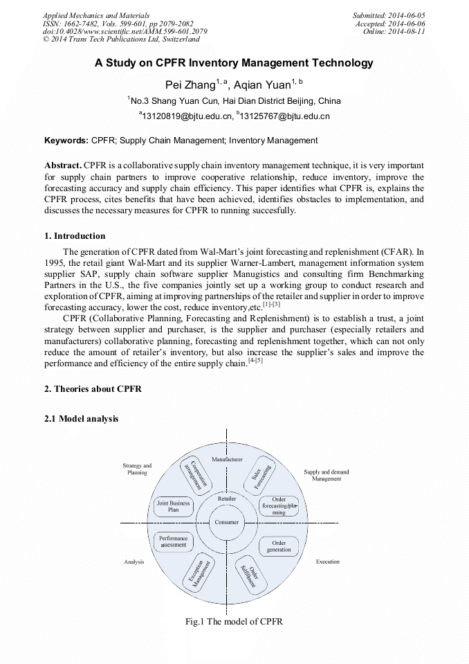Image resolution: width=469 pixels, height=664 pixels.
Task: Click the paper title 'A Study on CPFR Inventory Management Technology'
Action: (x=234, y=63)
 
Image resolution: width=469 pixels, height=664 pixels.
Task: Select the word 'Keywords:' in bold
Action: (x=66, y=141)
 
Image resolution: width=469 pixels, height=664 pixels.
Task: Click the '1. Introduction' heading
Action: (x=75, y=236)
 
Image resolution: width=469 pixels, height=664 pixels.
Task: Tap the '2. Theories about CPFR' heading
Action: (x=93, y=389)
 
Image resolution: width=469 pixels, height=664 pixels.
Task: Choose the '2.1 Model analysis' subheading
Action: (x=81, y=419)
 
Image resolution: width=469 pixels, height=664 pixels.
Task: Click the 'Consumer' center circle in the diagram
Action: (x=227, y=522)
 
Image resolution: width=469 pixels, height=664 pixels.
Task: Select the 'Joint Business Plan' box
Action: (x=173, y=507)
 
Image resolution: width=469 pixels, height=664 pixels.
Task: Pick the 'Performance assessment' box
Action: (x=173, y=541)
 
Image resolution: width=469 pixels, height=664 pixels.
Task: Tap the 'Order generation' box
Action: (x=279, y=546)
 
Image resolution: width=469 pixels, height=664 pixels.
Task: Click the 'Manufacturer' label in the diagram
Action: (x=227, y=460)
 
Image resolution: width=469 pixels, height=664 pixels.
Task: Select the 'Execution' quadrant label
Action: (x=328, y=562)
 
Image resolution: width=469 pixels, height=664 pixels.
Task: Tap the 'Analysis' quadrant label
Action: (x=134, y=562)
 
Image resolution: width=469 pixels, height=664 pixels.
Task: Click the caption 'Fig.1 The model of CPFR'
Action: (x=234, y=621)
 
